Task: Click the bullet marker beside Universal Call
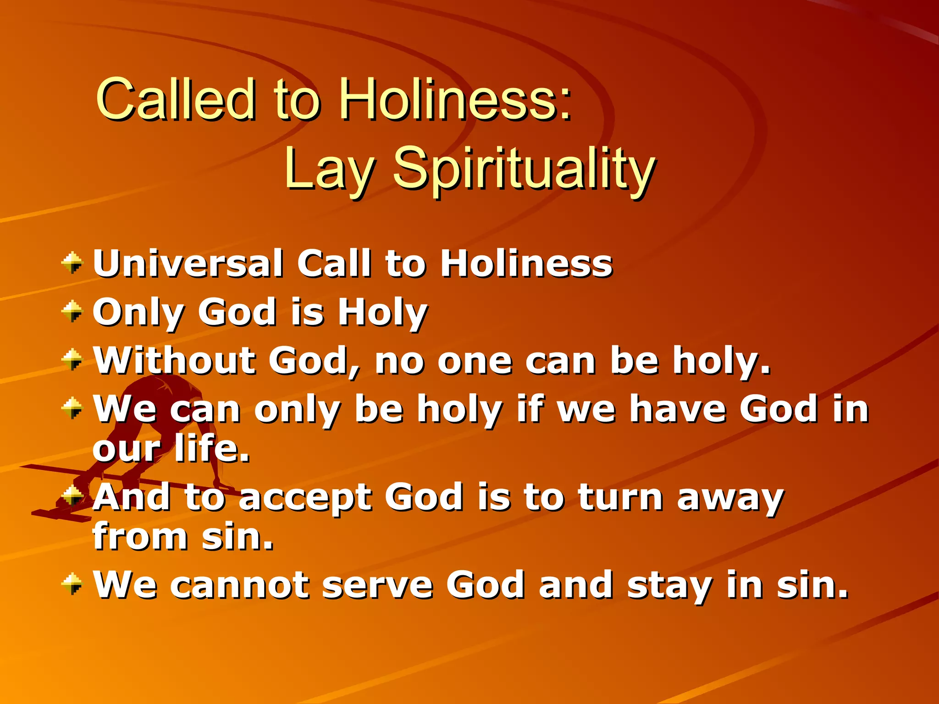72,263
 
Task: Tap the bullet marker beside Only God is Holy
72,312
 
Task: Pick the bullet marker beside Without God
72,360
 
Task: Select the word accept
304,499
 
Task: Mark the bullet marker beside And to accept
72,495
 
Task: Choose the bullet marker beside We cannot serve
72,584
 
